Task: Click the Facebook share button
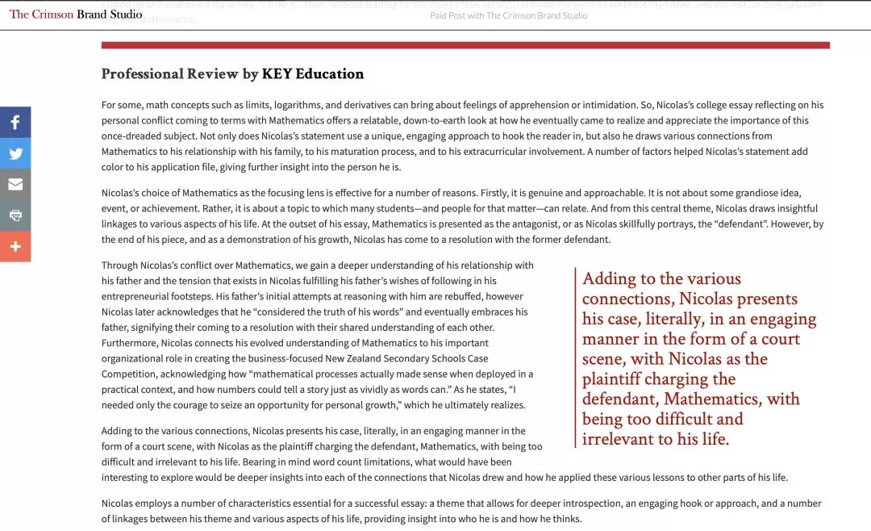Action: (x=15, y=123)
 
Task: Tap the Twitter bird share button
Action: (x=15, y=153)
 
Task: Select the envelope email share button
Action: (x=15, y=184)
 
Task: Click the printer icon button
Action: (x=15, y=215)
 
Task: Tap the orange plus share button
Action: (x=15, y=246)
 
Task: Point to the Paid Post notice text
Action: (x=508, y=15)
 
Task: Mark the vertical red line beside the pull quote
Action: (x=575, y=358)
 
